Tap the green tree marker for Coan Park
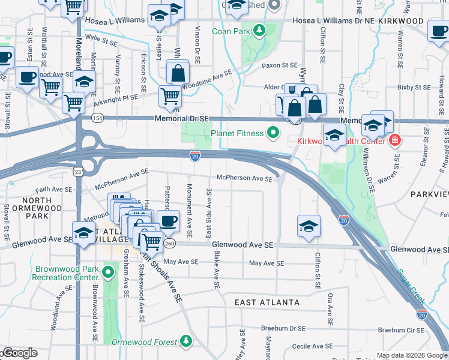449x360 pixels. pyautogui.click(x=259, y=29)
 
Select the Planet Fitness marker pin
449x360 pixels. pyautogui.click(x=274, y=132)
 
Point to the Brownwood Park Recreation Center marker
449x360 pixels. pyautogui.click(x=108, y=274)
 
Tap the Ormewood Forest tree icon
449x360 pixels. pyautogui.click(x=186, y=341)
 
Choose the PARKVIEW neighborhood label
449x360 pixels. pyautogui.click(x=429, y=194)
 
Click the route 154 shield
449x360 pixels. pyautogui.click(x=96, y=119)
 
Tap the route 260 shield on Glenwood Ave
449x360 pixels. pyautogui.click(x=170, y=244)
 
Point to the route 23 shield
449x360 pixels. pyautogui.click(x=79, y=173)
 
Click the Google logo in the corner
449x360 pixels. pyautogui.click(x=19, y=353)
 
